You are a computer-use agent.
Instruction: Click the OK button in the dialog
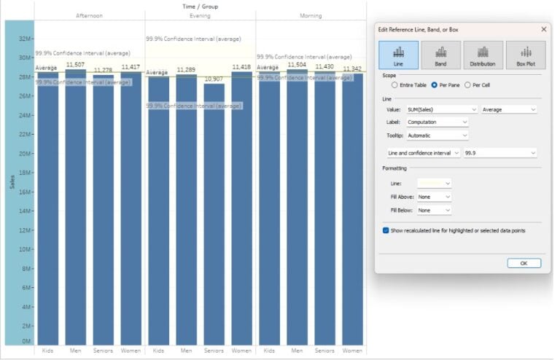pos(524,263)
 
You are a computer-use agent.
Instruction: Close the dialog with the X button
pos(543,29)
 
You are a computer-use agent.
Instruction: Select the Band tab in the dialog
pos(440,55)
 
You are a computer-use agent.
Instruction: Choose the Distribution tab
pos(483,55)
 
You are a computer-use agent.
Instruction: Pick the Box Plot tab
pos(525,55)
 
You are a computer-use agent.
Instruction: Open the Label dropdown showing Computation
pos(437,122)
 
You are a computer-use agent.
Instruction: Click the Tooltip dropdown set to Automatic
pos(437,135)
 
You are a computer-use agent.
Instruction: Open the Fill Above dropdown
pos(435,197)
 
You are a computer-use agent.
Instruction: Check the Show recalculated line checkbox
pos(386,230)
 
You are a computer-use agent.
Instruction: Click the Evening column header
pos(200,15)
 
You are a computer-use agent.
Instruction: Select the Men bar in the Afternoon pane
pos(75,208)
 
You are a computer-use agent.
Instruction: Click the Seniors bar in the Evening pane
pos(214,215)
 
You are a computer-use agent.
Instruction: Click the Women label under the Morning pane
pos(352,351)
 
